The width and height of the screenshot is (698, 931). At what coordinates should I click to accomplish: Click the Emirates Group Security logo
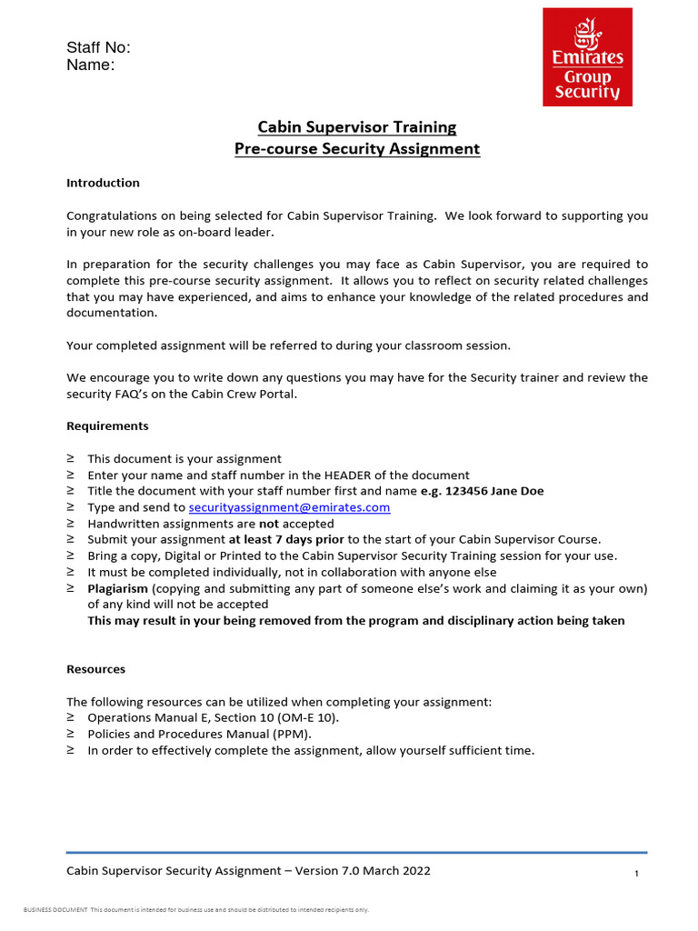click(587, 56)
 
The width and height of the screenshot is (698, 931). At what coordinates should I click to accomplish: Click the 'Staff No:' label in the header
click(98, 48)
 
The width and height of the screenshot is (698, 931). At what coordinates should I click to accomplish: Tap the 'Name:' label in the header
click(90, 65)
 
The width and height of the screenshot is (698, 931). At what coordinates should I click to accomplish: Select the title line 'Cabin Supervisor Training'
click(357, 127)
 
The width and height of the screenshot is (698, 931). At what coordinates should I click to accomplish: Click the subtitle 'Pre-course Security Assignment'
click(357, 149)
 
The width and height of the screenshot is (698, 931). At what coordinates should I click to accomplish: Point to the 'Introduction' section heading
click(103, 183)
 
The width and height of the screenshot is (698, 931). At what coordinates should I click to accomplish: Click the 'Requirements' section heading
click(107, 425)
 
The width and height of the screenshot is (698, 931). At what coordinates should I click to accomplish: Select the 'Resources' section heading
click(95, 669)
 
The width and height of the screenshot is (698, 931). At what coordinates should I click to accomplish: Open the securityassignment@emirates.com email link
click(289, 507)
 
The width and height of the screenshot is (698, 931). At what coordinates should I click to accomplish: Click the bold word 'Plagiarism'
click(117, 589)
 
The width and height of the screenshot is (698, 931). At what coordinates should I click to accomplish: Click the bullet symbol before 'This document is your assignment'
click(71, 459)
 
